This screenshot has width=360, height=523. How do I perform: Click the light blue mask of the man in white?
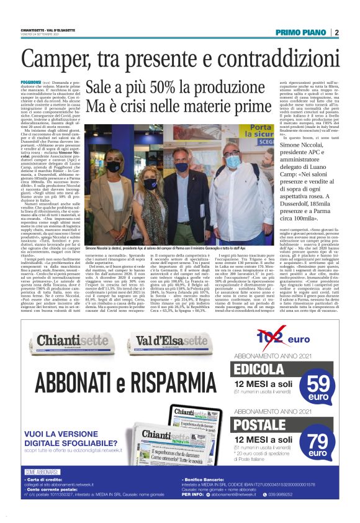229,160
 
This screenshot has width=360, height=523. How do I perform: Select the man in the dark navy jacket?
181,186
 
